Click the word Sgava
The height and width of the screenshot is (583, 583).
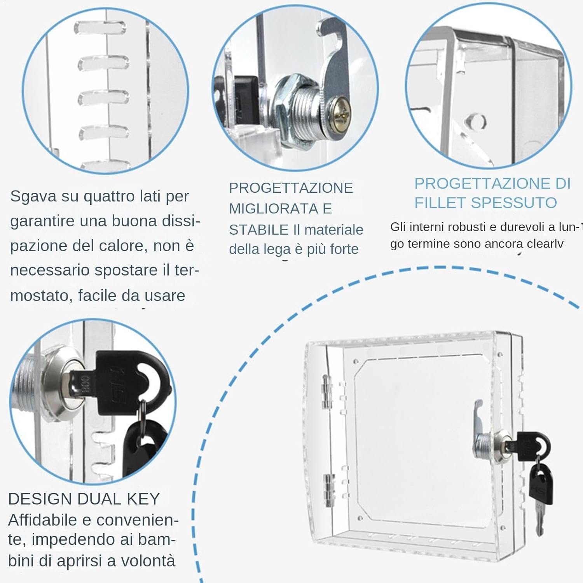[33, 197]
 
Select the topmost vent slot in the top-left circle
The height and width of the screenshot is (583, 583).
[100, 27]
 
